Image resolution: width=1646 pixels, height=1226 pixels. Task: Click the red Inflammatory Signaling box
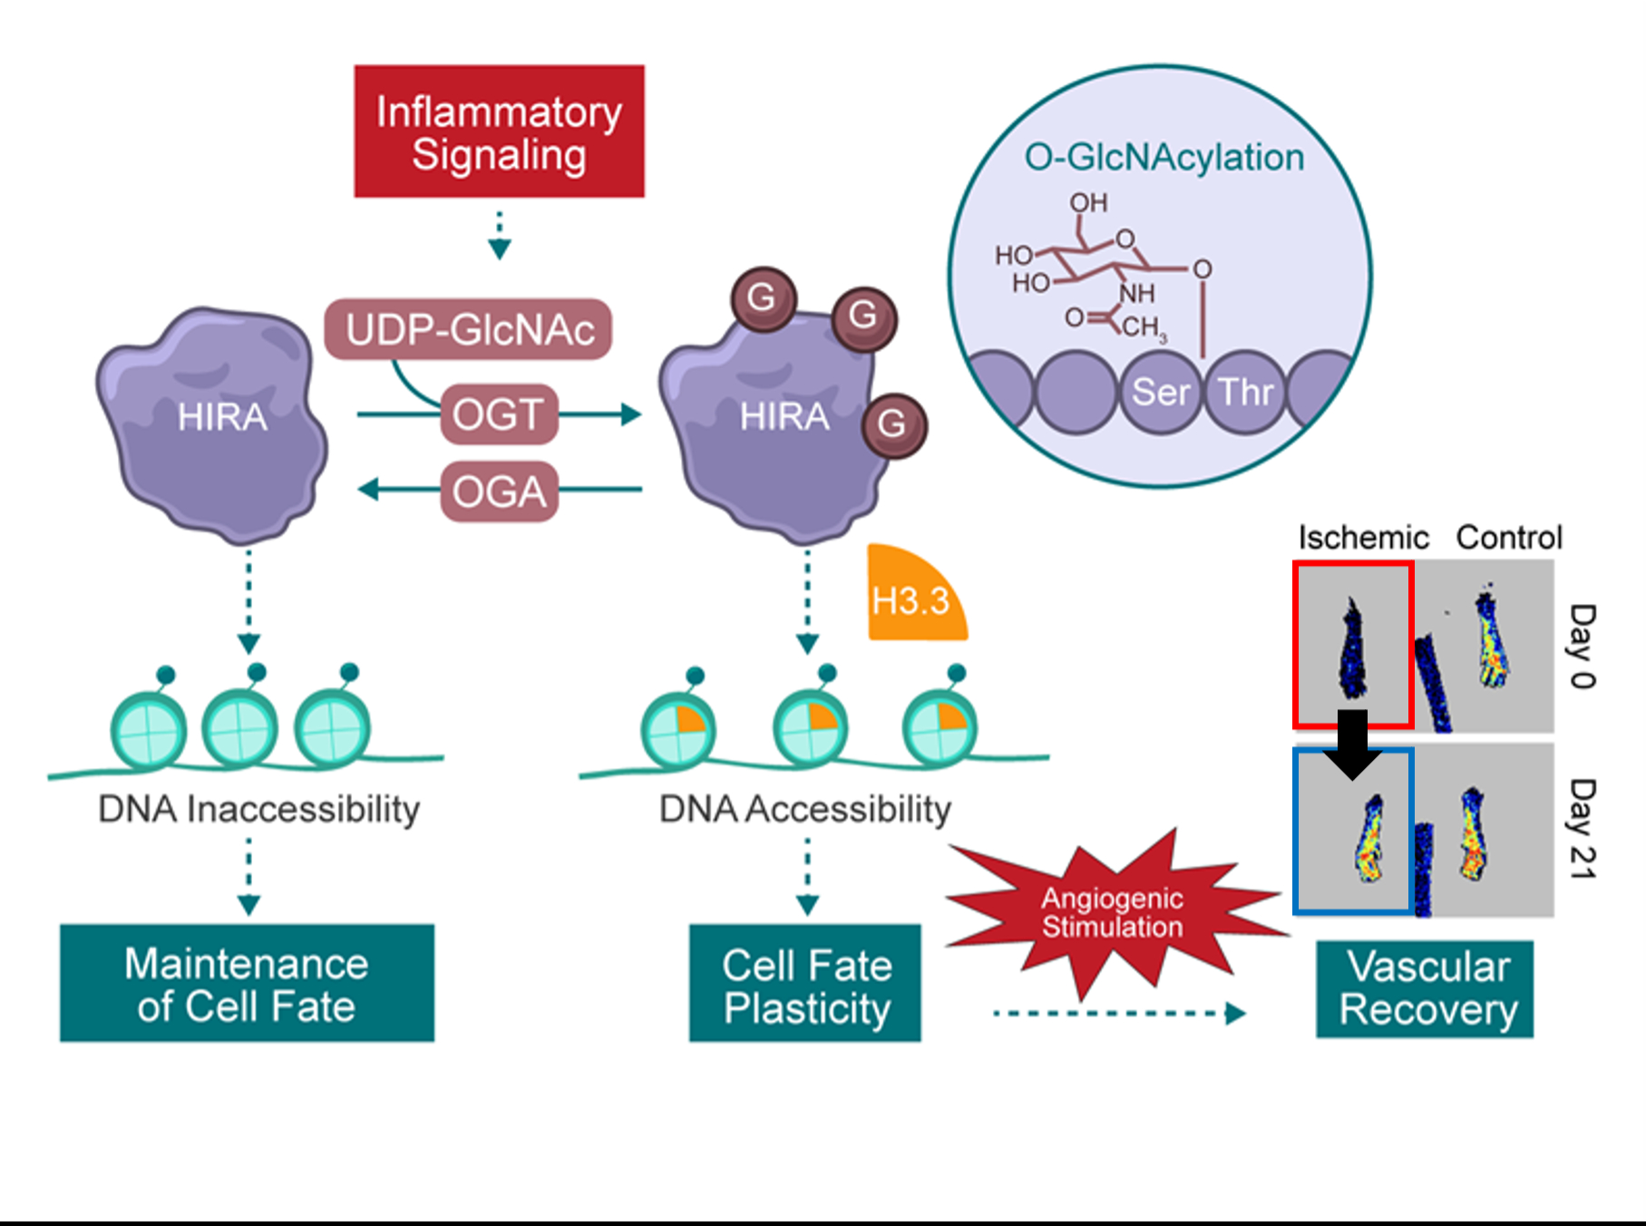pyautogui.click(x=499, y=131)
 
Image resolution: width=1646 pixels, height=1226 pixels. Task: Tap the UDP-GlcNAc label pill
pyautogui.click(x=469, y=329)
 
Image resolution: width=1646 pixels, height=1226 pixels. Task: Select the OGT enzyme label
pyautogui.click(x=499, y=414)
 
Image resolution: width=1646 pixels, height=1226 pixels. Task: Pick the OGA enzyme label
pyautogui.click(x=499, y=491)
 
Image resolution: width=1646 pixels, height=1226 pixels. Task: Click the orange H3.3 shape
pyautogui.click(x=911, y=598)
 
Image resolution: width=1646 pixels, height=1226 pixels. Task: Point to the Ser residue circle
pyautogui.click(x=1160, y=392)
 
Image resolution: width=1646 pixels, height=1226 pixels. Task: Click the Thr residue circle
pyautogui.click(x=1245, y=392)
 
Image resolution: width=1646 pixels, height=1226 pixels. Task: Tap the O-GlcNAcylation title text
pyautogui.click(x=1164, y=157)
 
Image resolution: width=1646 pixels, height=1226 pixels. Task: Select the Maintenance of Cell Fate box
pyautogui.click(x=247, y=984)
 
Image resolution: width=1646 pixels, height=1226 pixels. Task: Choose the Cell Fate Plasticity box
pyautogui.click(x=805, y=985)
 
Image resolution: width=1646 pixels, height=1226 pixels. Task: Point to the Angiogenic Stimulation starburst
pyautogui.click(x=1112, y=911)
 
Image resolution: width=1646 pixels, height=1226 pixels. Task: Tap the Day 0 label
pyautogui.click(x=1583, y=646)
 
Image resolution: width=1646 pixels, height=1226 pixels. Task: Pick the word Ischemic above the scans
pyautogui.click(x=1363, y=538)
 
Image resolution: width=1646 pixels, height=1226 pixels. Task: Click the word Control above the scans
pyautogui.click(x=1509, y=538)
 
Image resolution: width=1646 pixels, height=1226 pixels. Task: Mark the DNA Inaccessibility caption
pyautogui.click(x=259, y=809)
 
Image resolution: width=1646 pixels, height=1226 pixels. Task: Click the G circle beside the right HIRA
pyautogui.click(x=893, y=423)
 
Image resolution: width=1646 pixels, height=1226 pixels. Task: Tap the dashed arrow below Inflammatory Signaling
pyautogui.click(x=499, y=236)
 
